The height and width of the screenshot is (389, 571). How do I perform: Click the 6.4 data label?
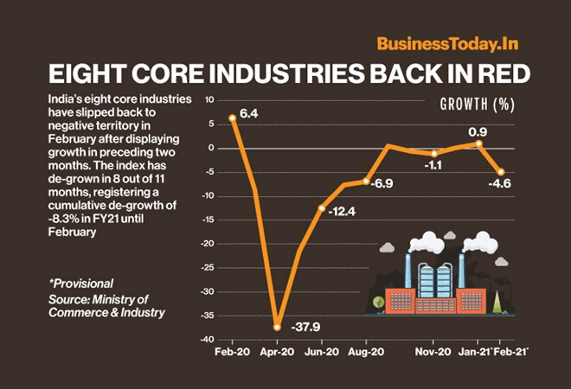pyautogui.click(x=250, y=112)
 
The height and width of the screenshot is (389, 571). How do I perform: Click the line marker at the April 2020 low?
pyautogui.click(x=277, y=327)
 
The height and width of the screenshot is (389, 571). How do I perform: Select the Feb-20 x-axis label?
pyautogui.click(x=230, y=353)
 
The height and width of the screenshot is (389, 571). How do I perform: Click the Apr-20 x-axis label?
pyautogui.click(x=278, y=353)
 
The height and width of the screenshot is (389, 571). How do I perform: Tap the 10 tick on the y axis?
pyautogui.click(x=210, y=100)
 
